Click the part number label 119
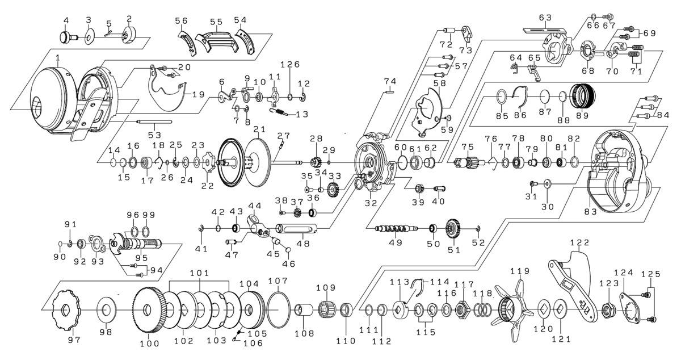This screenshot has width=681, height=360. tap(519, 271)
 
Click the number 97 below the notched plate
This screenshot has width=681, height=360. tap(74, 340)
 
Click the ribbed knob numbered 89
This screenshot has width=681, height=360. tap(583, 97)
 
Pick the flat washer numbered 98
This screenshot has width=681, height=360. tap(105, 310)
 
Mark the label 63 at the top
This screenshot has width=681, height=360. tap(545, 18)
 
